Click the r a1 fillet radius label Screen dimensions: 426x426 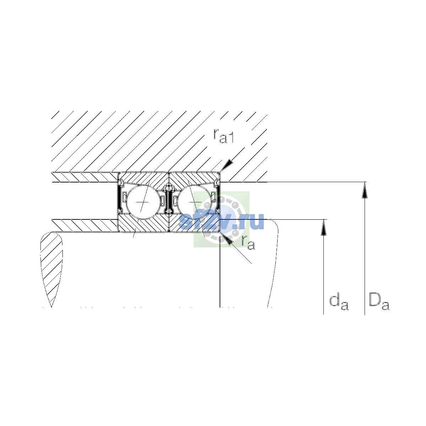[224, 136]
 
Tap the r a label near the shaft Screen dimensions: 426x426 [248, 242]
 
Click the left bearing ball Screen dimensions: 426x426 [143, 202]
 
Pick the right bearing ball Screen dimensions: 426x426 [195, 202]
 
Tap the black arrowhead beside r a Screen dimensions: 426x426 [226, 239]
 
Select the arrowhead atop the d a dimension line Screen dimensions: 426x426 [324, 228]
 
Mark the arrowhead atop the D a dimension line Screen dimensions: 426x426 [365, 190]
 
